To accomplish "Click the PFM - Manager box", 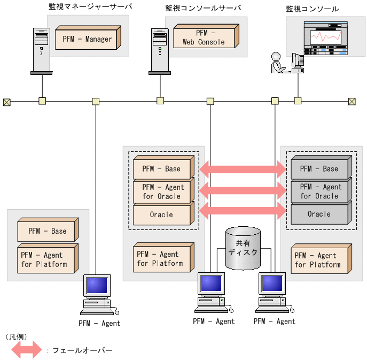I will click(x=87, y=39).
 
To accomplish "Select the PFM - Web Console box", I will click(x=204, y=37).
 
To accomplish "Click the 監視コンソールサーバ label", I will click(x=203, y=8).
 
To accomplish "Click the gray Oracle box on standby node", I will click(x=319, y=214).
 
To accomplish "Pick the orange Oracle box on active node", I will click(x=161, y=215).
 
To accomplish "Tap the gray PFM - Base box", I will click(x=319, y=169).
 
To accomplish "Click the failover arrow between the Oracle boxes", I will click(x=243, y=210).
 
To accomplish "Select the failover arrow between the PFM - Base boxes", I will click(x=243, y=169).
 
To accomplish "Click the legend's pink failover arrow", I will click(x=26, y=350).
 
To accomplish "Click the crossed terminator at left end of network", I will click(x=6, y=101).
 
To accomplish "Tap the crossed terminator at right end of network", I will click(x=352, y=101).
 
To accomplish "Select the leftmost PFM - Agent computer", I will click(x=98, y=295).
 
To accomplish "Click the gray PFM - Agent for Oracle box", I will click(x=319, y=192).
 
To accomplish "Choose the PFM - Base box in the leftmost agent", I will click(x=47, y=231).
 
